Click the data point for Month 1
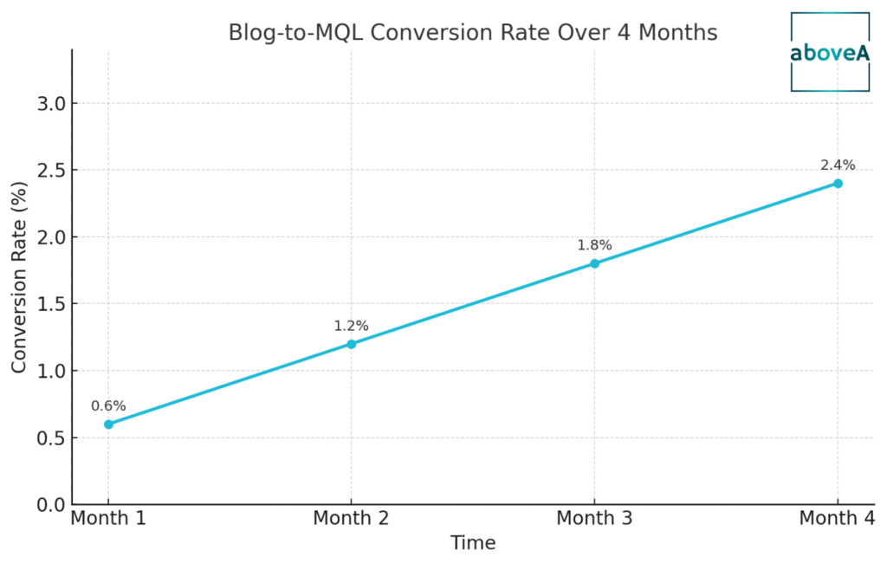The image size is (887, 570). [x=108, y=424]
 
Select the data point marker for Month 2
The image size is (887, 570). [x=351, y=344]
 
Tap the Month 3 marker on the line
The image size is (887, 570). [x=594, y=263]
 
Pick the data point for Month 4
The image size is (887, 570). [x=838, y=183]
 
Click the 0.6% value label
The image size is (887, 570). [x=108, y=405]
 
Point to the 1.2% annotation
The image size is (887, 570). [x=351, y=326]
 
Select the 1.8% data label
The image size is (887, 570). [x=594, y=245]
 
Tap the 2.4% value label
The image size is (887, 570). [x=838, y=165]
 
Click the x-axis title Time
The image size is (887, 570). [x=473, y=543]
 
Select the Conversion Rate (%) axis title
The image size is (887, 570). [x=19, y=277]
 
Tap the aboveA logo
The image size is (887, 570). [x=830, y=52]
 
